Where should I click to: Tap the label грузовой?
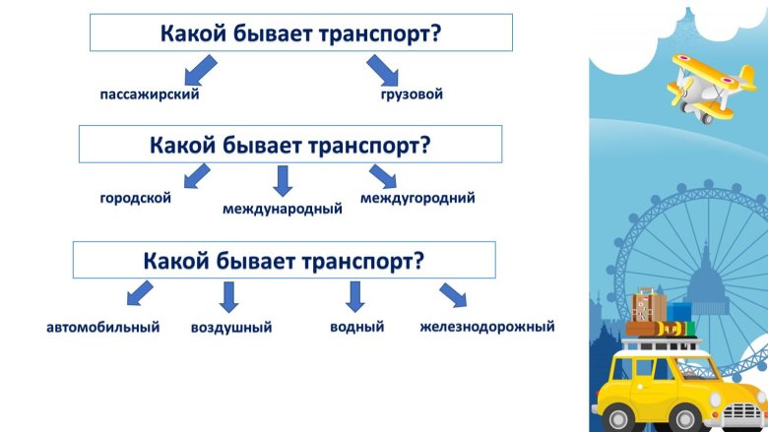(x=412, y=94)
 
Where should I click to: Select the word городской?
(x=135, y=198)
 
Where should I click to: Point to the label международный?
(x=283, y=209)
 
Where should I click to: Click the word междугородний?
(x=417, y=198)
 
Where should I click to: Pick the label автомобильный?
(x=103, y=326)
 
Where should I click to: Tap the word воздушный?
(x=231, y=327)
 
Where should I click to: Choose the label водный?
(x=356, y=326)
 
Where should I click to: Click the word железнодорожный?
(x=486, y=326)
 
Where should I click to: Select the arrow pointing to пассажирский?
(x=202, y=69)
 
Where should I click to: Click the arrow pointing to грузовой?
(x=382, y=70)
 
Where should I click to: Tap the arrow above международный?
(x=283, y=180)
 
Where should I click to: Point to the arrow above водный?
(x=355, y=296)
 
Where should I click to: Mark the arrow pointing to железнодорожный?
(x=452, y=294)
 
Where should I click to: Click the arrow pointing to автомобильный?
(x=140, y=292)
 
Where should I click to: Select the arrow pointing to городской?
(x=197, y=176)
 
